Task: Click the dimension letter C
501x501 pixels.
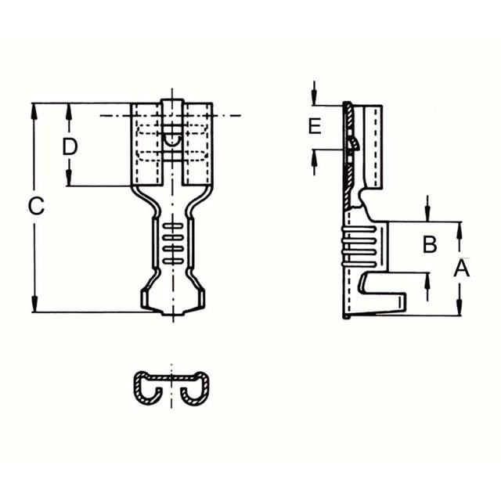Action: pyautogui.click(x=36, y=207)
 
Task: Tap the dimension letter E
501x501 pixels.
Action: pyautogui.click(x=315, y=127)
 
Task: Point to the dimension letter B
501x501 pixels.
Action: pyautogui.click(x=429, y=244)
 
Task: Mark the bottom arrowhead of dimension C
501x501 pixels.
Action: pyautogui.click(x=34, y=305)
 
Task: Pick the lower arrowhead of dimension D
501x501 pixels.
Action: pyautogui.click(x=70, y=178)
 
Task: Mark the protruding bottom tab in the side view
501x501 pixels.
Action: pyautogui.click(x=384, y=301)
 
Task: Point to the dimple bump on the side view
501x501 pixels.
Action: pyautogui.click(x=353, y=144)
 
